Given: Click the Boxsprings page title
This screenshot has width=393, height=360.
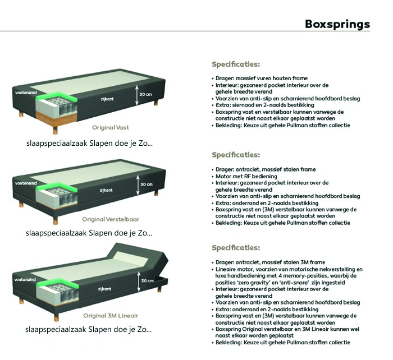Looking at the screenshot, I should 337,24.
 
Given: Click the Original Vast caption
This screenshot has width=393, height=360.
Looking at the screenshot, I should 111,127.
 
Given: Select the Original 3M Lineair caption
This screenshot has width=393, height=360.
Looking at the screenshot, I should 111,315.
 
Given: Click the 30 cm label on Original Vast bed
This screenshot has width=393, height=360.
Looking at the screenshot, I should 145,94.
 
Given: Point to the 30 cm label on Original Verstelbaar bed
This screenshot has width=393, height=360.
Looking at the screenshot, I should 145,184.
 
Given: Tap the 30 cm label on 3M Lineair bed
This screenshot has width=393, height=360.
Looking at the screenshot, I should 148,280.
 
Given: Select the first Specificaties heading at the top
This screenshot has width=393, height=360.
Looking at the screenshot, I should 236,64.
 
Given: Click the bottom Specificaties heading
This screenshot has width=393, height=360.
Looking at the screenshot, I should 236,247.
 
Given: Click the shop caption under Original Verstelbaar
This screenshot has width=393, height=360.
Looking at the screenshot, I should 89,233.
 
